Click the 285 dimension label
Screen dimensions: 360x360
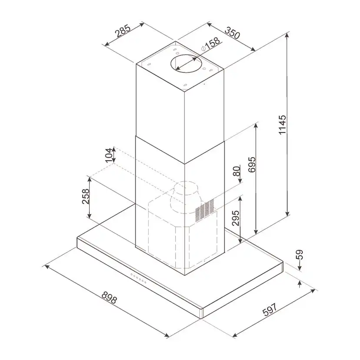tap(123, 31)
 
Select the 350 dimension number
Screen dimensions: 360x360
tap(232, 33)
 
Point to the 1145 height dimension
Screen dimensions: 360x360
tap(282, 125)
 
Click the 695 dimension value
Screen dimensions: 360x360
tap(252, 164)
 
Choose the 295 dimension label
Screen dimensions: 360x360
tap(236, 218)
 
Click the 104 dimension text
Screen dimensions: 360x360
tap(109, 155)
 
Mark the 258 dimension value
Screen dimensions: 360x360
tap(86, 196)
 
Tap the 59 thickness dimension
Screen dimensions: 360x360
tap(300, 254)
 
